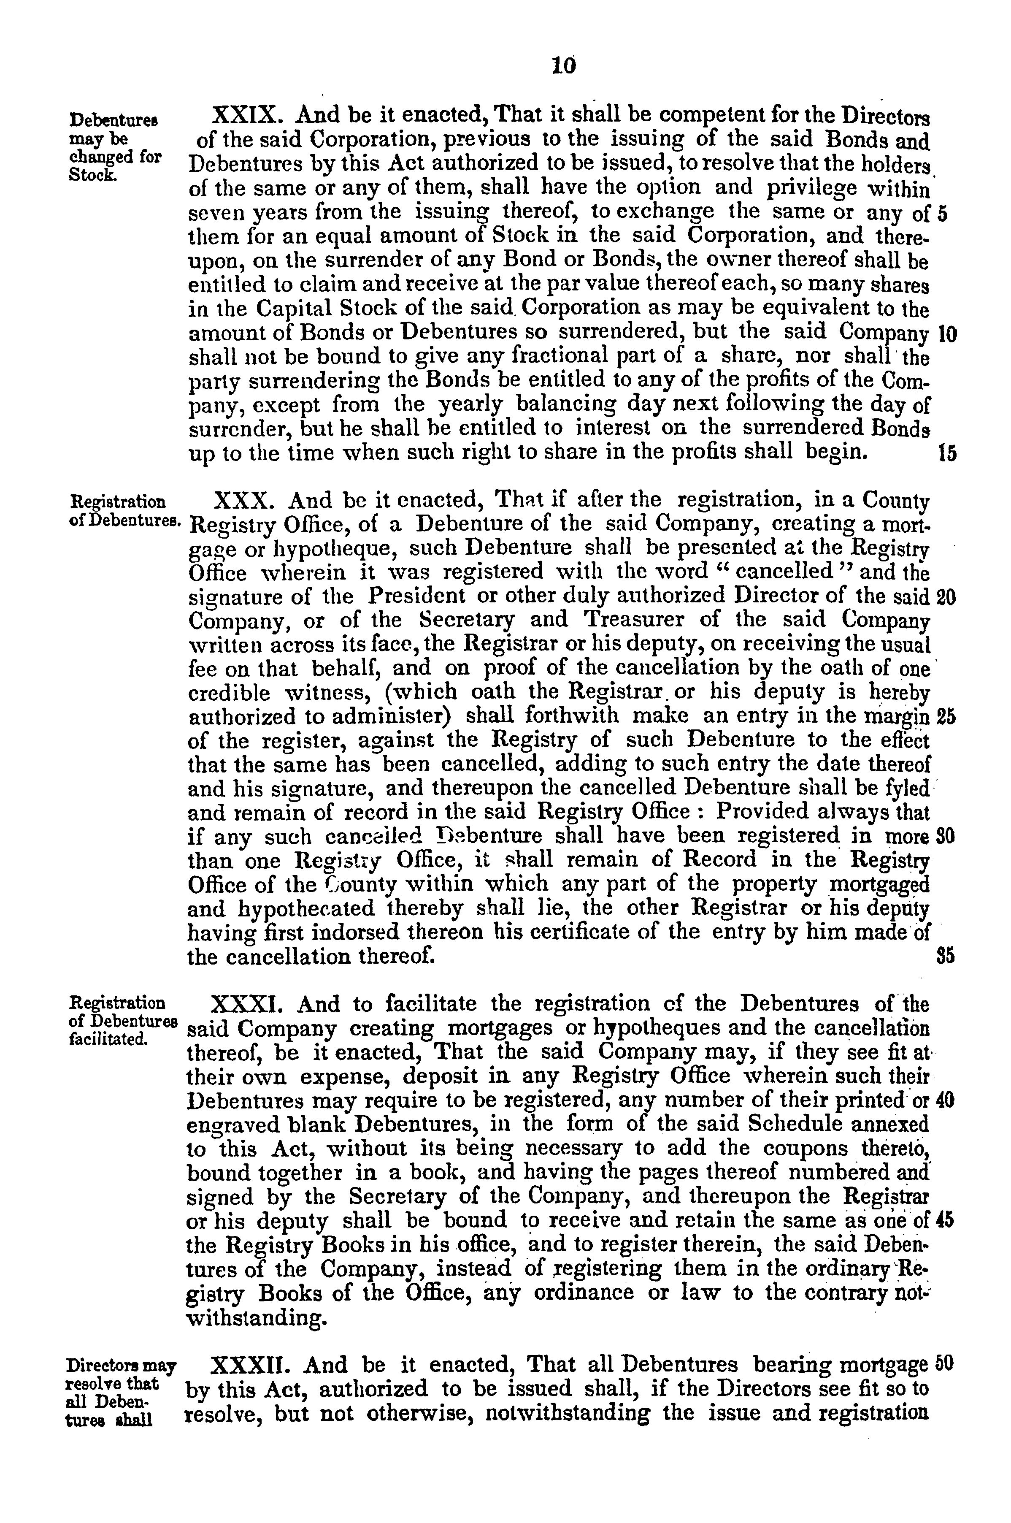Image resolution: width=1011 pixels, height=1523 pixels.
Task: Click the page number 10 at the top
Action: click(x=564, y=66)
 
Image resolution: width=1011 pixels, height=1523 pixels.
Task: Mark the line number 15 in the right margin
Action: click(x=946, y=453)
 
